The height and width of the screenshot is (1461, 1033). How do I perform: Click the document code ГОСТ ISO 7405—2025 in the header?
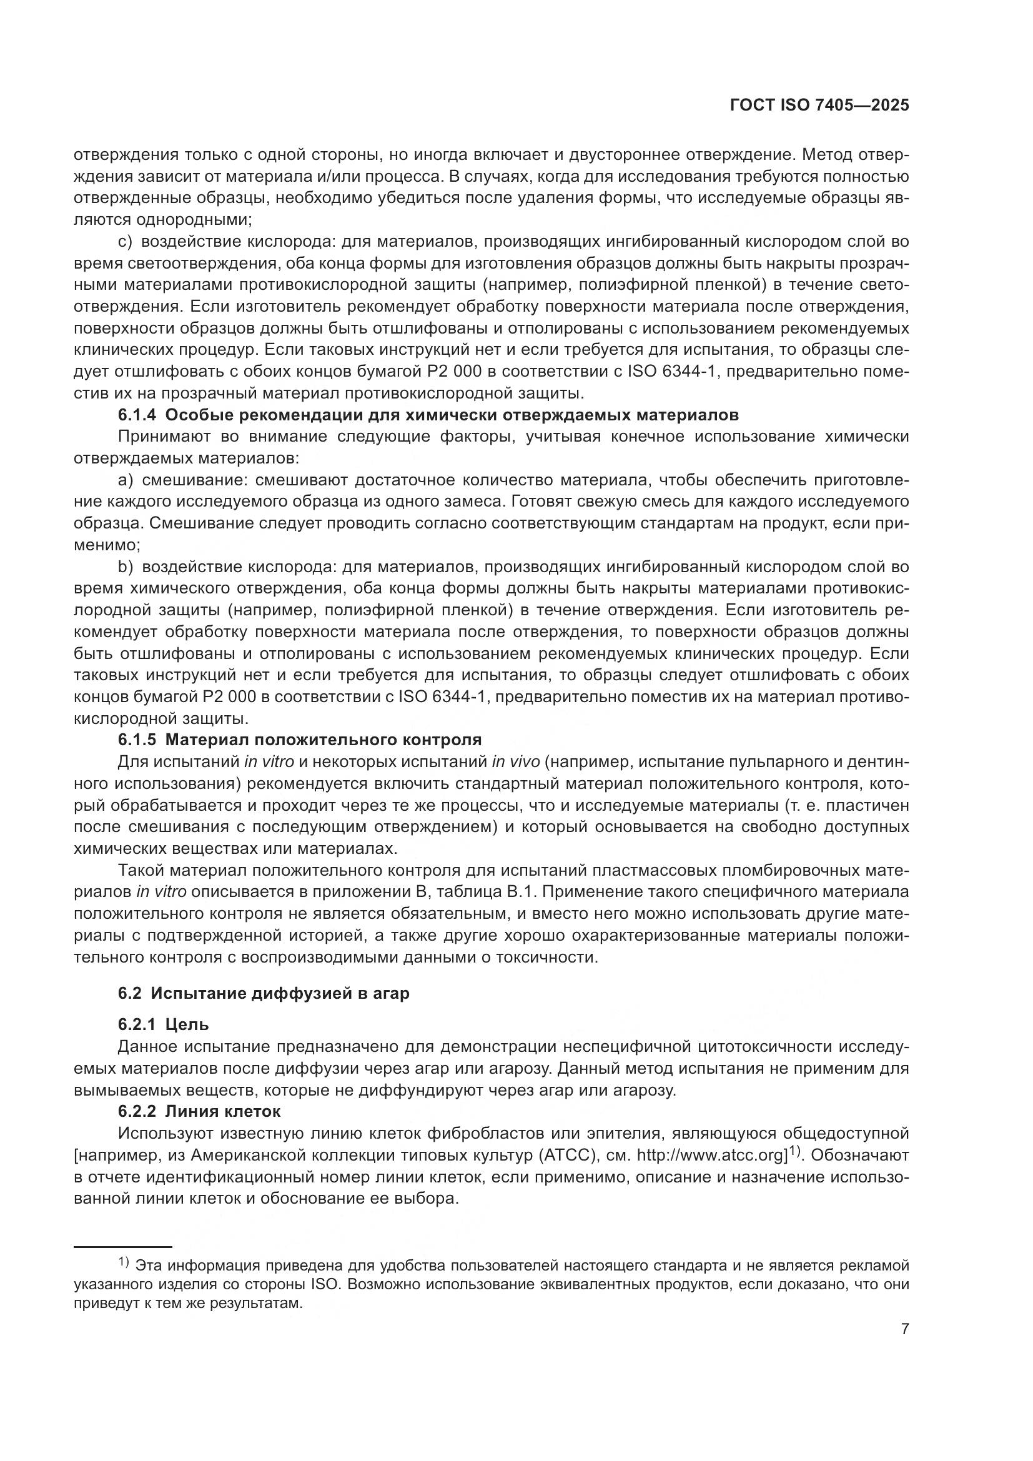[x=819, y=106]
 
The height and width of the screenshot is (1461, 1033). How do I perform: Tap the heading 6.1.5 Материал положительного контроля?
[x=300, y=740]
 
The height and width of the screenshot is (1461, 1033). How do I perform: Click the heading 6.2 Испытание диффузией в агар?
[x=264, y=993]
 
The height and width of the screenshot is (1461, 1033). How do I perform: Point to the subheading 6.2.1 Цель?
[x=164, y=1024]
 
